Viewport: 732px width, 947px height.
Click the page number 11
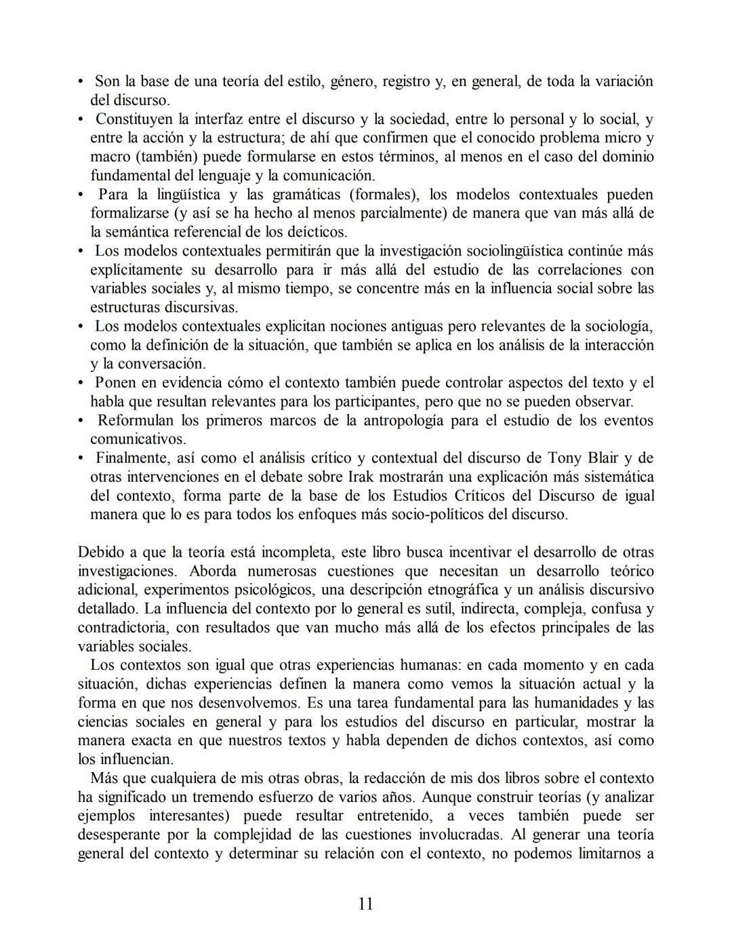pyautogui.click(x=365, y=904)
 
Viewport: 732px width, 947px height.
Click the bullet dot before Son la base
pyautogui.click(x=81, y=81)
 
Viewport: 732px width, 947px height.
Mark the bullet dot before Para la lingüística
pyautogui.click(x=81, y=195)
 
